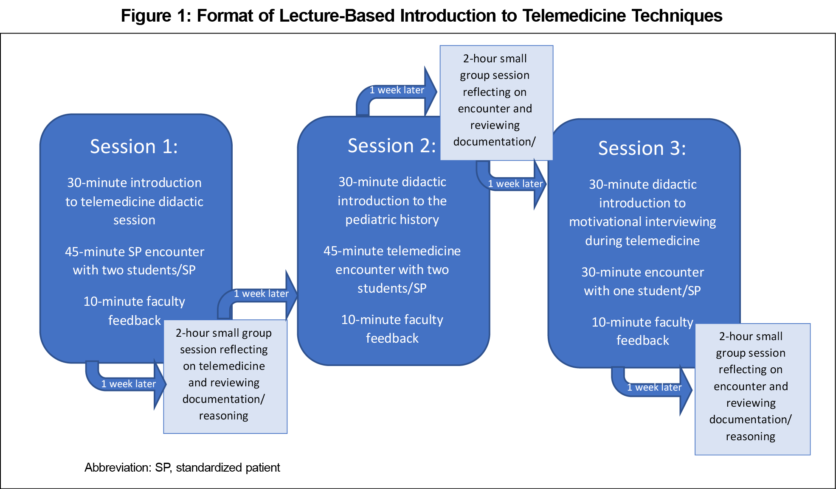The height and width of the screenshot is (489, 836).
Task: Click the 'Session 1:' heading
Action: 134,147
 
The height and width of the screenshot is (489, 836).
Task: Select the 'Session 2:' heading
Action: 391,146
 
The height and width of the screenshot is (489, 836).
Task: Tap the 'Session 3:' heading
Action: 642,148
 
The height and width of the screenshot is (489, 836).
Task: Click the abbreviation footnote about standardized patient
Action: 182,467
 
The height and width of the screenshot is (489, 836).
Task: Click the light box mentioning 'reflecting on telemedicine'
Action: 225,376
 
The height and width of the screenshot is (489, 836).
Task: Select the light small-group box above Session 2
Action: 496,103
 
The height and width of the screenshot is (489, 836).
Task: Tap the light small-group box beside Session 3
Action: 752,389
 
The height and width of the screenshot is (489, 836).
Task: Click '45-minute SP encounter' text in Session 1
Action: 134,252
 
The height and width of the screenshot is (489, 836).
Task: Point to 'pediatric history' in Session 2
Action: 392,220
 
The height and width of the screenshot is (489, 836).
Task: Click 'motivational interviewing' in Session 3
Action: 642,222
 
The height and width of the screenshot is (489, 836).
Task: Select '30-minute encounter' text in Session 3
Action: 642,272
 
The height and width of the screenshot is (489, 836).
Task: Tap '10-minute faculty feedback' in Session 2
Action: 392,329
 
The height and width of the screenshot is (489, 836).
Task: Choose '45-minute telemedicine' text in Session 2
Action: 392,251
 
